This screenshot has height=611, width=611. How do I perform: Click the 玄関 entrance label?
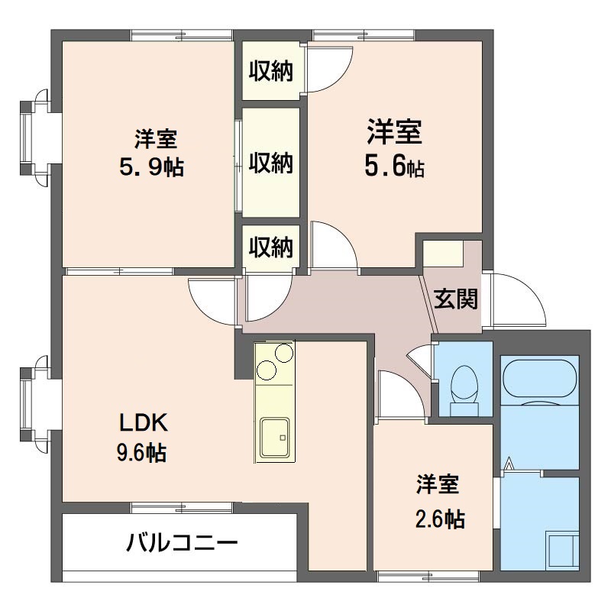(x=455, y=299)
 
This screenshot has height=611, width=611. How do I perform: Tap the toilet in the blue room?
(x=464, y=390)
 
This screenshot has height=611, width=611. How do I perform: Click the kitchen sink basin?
(x=275, y=437)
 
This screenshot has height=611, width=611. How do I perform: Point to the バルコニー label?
(x=182, y=543)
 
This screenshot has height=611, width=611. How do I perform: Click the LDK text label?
(x=144, y=423)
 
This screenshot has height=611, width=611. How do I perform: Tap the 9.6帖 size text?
(x=142, y=453)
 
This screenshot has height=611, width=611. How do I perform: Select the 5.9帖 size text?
(x=151, y=167)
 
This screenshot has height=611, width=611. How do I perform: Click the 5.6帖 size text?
(x=394, y=166)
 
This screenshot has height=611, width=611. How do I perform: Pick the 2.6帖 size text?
(x=440, y=519)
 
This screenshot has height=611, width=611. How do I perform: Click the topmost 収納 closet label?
(x=271, y=71)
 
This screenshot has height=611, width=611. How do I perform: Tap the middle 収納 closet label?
(x=271, y=163)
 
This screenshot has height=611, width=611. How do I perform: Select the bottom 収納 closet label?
(x=271, y=247)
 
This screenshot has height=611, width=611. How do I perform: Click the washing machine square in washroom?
(x=562, y=549)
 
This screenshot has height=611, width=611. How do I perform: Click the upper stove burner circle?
(x=283, y=353)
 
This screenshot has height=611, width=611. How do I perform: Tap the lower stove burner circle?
(x=267, y=370)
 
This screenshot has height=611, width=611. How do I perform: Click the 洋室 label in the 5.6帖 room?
(x=394, y=132)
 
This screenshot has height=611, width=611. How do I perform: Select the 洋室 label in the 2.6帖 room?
(x=438, y=484)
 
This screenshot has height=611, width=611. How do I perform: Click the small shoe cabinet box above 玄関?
(x=443, y=254)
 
